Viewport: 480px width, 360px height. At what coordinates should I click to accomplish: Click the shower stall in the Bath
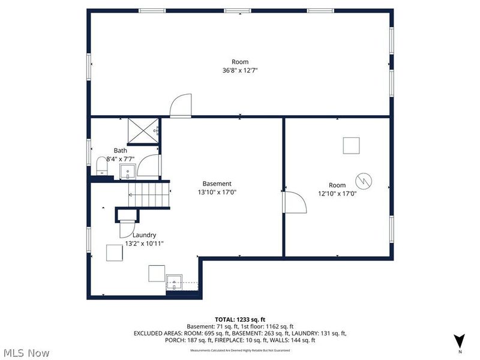pos(143,131)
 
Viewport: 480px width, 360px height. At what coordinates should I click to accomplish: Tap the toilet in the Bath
pos(101,165)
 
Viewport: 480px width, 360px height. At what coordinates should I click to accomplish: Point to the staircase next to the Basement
pos(148,194)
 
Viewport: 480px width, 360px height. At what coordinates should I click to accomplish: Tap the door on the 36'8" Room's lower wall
pos(180,106)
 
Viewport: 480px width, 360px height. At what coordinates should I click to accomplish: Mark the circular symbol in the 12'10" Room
pos(364,181)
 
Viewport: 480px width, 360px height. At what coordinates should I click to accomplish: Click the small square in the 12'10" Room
pos(351,146)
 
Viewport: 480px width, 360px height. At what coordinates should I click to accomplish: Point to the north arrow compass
pos(459,341)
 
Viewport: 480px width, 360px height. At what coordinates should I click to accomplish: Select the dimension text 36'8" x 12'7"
pos(240,70)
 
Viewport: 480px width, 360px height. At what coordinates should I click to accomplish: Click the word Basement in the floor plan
pos(217,184)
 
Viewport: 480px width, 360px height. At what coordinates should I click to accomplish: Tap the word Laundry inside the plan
pos(144,235)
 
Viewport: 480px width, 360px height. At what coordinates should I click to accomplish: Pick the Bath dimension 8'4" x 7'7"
pos(120,159)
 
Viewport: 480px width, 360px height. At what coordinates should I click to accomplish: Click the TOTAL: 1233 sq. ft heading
pos(240,319)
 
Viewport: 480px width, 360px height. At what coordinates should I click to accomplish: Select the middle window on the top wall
pos(238,10)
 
